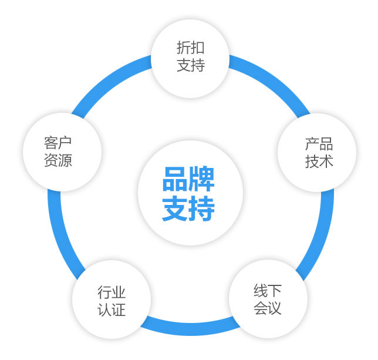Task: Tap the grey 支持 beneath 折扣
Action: [x=191, y=65]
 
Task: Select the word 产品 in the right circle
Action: [x=319, y=144]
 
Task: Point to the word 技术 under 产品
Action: [x=319, y=162]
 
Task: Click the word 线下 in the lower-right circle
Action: [x=268, y=291]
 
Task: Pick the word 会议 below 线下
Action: [x=268, y=308]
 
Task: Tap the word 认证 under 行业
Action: [x=112, y=310]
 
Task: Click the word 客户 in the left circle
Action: [x=58, y=143]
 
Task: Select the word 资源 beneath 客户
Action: [x=58, y=160]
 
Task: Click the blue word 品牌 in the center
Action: [x=188, y=180]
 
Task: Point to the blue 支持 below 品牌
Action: [x=188, y=208]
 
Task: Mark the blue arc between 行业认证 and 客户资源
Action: [x=56, y=235]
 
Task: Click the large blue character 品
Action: [x=175, y=180]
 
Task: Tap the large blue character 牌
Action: [x=202, y=180]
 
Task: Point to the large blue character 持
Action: [x=202, y=208]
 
